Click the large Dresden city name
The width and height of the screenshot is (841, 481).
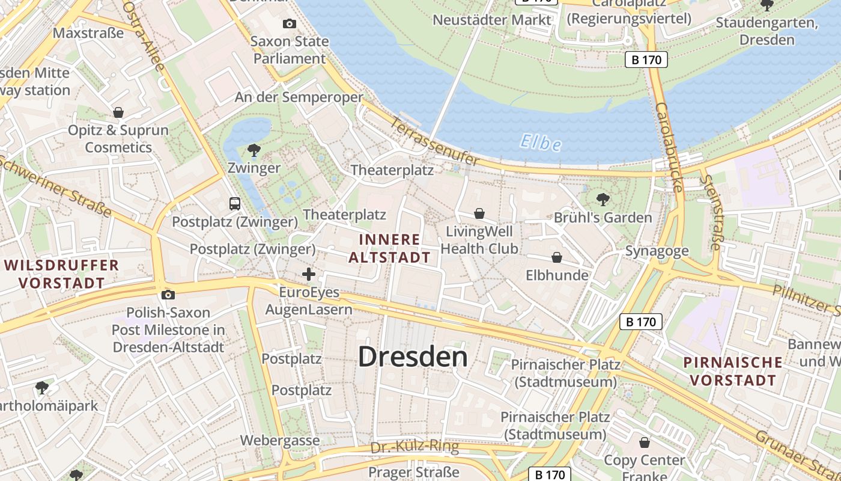[x=413, y=357]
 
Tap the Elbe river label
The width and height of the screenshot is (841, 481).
[x=541, y=143]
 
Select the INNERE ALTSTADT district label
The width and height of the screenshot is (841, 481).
[x=389, y=248]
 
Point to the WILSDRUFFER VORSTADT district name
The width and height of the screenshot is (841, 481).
[x=61, y=274]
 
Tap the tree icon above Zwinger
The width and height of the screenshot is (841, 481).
[x=254, y=149]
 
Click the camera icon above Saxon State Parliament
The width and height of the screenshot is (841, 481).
[x=290, y=23]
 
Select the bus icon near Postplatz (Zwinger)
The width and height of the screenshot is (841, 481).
[x=235, y=203]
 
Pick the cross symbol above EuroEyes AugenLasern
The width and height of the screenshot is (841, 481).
[x=309, y=274]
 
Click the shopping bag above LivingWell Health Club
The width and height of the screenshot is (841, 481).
[x=479, y=213]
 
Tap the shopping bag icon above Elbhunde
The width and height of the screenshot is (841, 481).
[x=557, y=257]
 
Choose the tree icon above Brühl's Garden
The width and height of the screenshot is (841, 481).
[x=603, y=199]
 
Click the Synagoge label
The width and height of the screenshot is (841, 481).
[x=657, y=251]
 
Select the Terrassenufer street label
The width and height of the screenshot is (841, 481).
[x=435, y=142]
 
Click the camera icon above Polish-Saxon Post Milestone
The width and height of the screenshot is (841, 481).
[x=168, y=294]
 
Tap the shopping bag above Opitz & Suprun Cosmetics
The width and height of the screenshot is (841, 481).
[x=118, y=112]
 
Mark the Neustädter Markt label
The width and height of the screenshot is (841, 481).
[x=491, y=20]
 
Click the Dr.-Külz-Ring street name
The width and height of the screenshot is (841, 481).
[x=414, y=447]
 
